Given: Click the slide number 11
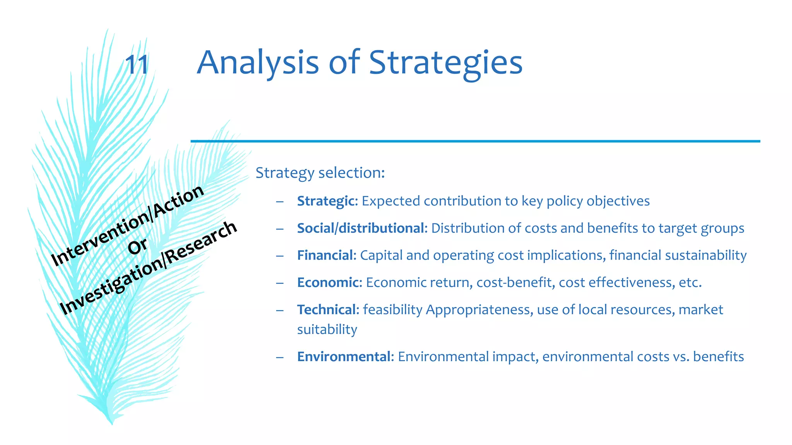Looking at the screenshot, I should [x=137, y=65].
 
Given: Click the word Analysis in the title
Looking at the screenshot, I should [x=258, y=63].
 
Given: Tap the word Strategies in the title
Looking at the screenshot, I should [x=445, y=63].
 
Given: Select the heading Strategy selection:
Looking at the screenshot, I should [x=320, y=173].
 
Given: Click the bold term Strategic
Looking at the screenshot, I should [x=326, y=201].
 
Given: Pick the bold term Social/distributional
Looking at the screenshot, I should [x=360, y=228].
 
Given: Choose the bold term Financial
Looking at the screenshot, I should [x=325, y=255].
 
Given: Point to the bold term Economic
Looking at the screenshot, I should [x=328, y=282].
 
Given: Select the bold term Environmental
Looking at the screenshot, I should [x=344, y=357].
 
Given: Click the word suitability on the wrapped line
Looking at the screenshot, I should [x=327, y=330].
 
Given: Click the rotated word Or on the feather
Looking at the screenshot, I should [x=138, y=246].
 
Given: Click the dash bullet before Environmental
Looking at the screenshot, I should [x=280, y=357].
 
